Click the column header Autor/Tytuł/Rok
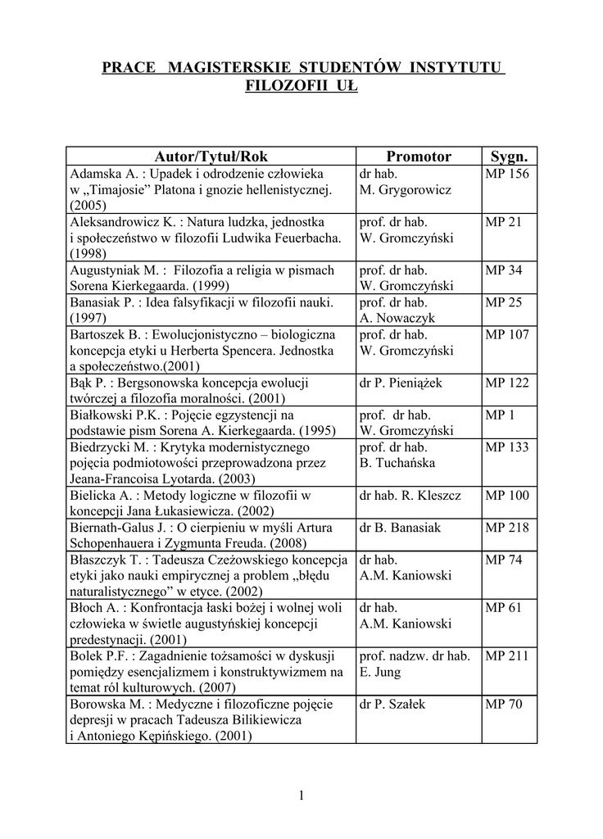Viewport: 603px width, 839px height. click(211, 156)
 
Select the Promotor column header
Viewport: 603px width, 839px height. click(419, 156)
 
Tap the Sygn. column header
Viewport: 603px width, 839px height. click(509, 156)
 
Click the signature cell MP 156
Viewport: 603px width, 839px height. click(507, 174)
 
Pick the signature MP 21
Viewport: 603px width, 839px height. click(504, 222)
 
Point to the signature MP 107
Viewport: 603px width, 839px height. click(507, 334)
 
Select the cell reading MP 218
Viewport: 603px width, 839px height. click(507, 528)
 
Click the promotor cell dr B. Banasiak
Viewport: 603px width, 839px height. click(399, 528)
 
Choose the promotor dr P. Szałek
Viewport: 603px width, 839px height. click(392, 704)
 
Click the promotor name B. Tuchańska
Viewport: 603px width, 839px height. click(397, 463)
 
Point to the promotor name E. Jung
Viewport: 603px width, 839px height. click(380, 672)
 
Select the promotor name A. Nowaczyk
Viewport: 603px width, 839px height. click(397, 318)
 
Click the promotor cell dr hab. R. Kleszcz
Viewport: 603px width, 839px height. click(410, 496)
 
